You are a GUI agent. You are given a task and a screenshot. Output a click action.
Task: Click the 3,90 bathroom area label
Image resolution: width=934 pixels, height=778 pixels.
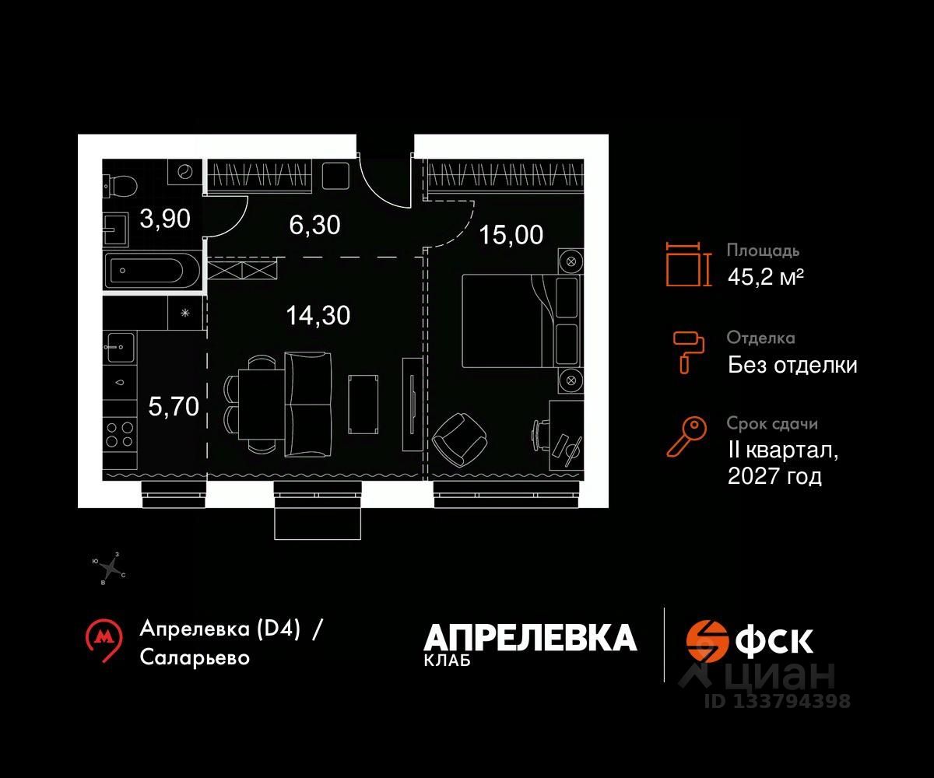(164, 219)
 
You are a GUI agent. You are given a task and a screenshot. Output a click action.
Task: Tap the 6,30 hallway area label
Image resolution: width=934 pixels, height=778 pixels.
(314, 226)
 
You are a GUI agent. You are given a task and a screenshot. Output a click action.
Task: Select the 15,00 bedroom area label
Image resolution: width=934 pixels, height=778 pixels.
(511, 234)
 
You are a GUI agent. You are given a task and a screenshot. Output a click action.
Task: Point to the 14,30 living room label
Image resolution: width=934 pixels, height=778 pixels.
(318, 315)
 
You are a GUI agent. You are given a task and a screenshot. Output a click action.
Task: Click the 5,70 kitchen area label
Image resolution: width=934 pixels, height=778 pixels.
(174, 405)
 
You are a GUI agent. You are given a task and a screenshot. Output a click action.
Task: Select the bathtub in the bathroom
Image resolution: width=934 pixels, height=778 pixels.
(153, 272)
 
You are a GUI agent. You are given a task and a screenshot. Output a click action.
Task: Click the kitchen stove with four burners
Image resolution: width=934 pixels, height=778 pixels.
(119, 434)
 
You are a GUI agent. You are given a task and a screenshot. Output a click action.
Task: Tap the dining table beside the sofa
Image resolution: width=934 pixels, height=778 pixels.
(255, 404)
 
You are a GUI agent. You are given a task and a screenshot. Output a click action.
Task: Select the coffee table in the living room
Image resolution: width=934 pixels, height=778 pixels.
(364, 404)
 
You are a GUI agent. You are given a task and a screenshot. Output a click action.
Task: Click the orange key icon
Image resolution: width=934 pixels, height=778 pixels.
(686, 436)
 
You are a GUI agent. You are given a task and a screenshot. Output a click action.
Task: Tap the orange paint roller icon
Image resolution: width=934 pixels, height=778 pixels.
(687, 350)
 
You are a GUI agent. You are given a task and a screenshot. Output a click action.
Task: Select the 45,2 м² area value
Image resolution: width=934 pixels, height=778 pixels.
(765, 276)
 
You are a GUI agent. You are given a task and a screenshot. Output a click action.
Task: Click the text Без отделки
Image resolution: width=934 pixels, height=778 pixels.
(792, 364)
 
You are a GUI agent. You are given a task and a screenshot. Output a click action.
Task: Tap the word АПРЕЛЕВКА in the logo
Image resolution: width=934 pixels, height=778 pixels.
(530, 638)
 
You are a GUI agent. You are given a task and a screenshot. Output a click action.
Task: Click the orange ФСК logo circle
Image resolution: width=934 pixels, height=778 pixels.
(706, 640)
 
